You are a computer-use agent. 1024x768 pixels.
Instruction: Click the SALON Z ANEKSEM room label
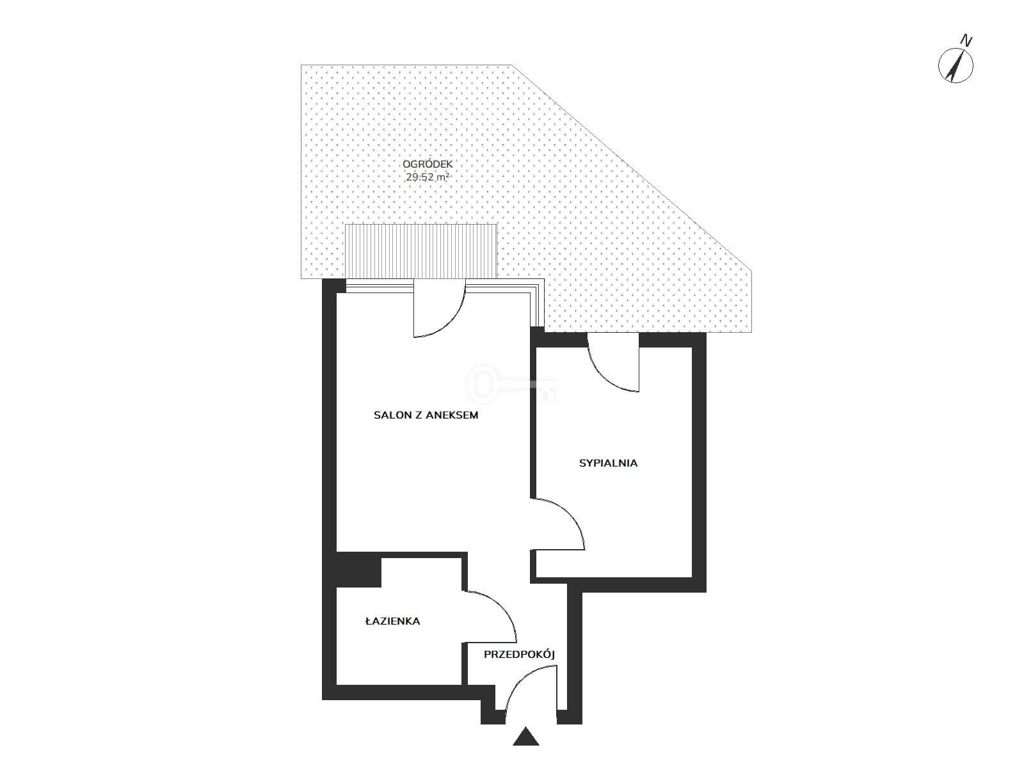point(426,415)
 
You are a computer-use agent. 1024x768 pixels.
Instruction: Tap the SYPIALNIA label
point(608,463)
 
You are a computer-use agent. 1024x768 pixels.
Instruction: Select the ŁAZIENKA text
point(392,621)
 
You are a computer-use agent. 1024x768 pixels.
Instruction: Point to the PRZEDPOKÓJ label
point(519,655)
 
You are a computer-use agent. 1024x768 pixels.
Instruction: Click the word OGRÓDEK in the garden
point(428,164)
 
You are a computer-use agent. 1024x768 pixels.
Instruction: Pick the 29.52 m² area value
point(428,177)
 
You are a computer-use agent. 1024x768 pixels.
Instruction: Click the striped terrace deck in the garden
point(420,251)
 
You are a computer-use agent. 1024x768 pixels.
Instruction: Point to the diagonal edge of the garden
point(632,168)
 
